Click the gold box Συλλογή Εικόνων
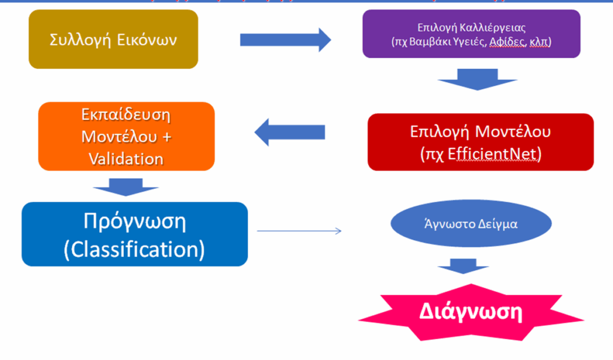[113, 39]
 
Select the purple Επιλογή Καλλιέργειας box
[471, 34]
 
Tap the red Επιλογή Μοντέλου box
[480, 142]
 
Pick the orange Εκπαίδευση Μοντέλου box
[126, 136]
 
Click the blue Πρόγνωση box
[134, 234]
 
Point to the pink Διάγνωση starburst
[471, 313]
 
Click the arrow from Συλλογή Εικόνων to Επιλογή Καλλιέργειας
[285, 40]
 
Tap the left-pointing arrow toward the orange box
[290, 131]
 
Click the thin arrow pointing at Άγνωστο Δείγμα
[299, 231]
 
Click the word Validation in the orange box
[126, 159]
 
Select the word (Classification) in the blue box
[134, 249]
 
